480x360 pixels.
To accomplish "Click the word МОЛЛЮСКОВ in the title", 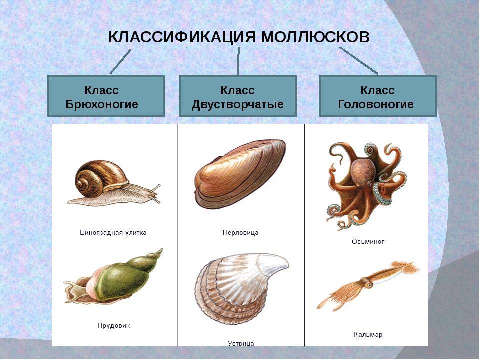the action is [x=315, y=37].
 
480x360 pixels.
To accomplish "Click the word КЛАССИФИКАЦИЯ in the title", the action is [x=182, y=37].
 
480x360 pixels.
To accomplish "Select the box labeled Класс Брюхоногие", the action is [x=106, y=96].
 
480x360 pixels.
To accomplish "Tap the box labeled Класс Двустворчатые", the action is [x=238, y=96].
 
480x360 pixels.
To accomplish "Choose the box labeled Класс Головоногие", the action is [x=378, y=96].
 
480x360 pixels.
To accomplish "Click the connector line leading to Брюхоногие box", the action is [x=120, y=62].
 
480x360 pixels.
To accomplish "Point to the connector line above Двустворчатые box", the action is [x=238, y=61].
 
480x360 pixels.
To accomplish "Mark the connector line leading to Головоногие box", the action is [x=359, y=60].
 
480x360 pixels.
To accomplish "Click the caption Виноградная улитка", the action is [x=113, y=232].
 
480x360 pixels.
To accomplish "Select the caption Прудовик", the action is [x=114, y=325].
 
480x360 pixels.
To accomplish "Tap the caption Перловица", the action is [x=240, y=232].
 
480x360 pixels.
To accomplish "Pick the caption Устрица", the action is [x=241, y=343].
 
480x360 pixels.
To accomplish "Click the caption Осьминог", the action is [x=368, y=241].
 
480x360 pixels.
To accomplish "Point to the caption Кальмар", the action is [x=368, y=334].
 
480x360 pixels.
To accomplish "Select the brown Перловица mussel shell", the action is [x=240, y=174].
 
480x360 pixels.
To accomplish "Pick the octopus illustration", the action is [x=366, y=185].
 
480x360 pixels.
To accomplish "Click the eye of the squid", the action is [x=370, y=285].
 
